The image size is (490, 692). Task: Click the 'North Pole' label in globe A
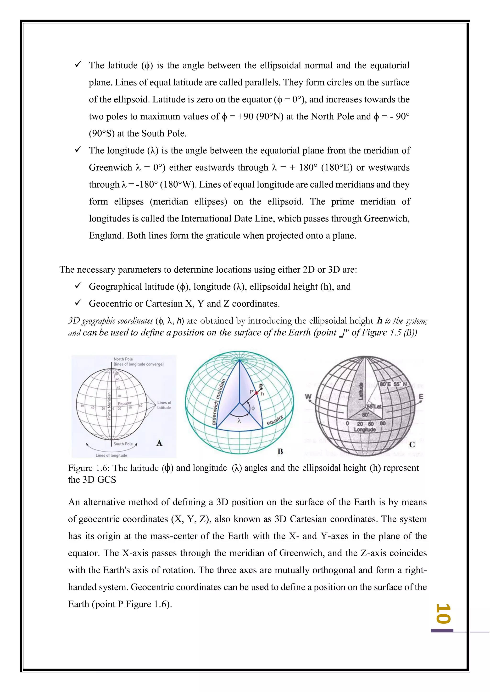(123, 359)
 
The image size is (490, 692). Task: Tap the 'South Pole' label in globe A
(123, 444)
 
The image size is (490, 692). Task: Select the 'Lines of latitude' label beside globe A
(164, 405)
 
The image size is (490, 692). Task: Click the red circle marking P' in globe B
(256, 393)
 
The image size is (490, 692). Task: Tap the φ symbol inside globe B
(253, 408)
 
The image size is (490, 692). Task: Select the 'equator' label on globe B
(275, 420)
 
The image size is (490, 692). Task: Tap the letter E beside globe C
(421, 397)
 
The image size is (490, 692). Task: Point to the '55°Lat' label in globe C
(374, 407)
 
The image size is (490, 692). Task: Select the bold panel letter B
(280, 451)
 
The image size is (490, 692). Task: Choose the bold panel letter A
(159, 443)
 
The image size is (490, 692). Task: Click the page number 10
(444, 613)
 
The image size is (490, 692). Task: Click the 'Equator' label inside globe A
(125, 403)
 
